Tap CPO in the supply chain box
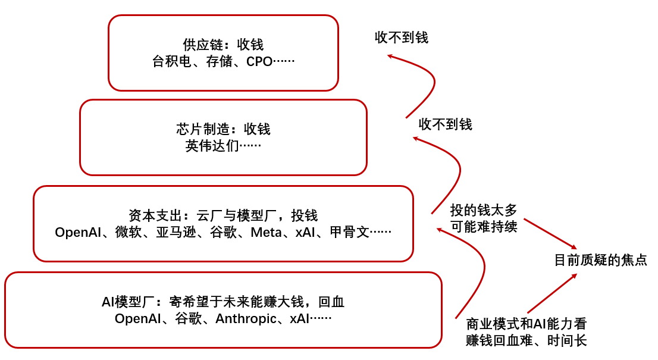click(259, 61)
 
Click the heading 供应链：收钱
click(223, 45)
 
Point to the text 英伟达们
click(211, 146)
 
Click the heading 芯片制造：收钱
click(223, 129)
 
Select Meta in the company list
click(266, 232)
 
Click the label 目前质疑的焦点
click(600, 260)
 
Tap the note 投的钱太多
click(484, 210)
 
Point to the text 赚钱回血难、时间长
click(527, 340)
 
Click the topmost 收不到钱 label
click(402, 37)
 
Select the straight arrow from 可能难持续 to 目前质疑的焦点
click(550, 233)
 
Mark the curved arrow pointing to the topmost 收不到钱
click(424, 83)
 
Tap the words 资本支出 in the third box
click(151, 215)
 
